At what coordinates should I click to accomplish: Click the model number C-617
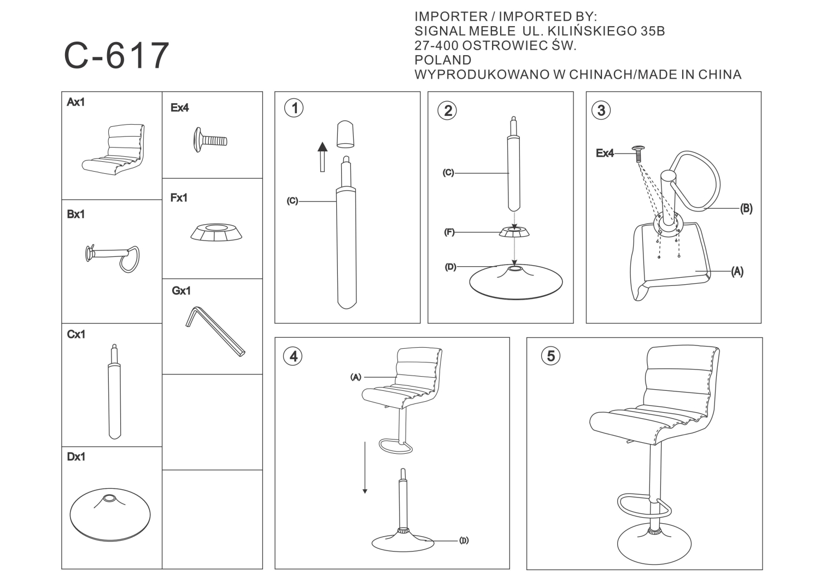(116, 55)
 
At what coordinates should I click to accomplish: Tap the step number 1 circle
(294, 108)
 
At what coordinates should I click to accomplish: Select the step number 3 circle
(601, 110)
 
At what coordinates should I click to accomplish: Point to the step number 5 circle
(551, 356)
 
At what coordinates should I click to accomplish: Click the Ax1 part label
(76, 102)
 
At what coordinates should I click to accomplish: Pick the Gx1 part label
(181, 291)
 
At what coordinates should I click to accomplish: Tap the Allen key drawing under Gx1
(215, 331)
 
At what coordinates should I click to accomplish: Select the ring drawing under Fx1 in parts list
(216, 232)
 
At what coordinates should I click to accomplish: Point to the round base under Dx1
(110, 514)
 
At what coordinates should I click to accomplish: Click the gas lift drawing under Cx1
(115, 391)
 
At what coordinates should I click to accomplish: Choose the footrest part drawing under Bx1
(113, 258)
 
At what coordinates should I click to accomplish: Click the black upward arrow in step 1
(322, 157)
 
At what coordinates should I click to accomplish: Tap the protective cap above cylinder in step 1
(345, 134)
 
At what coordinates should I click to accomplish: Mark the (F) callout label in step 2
(449, 232)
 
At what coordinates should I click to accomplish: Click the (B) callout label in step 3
(746, 209)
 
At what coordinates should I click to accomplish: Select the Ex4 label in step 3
(605, 153)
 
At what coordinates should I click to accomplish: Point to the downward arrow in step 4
(365, 467)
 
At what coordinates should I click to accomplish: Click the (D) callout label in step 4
(464, 541)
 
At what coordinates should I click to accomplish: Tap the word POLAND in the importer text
(443, 60)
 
